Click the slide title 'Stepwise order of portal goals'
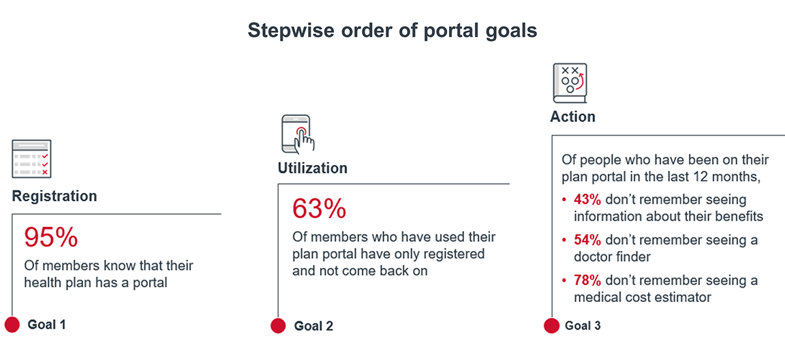[392, 31]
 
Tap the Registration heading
[55, 196]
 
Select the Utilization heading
[312, 168]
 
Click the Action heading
[572, 117]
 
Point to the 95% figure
[50, 237]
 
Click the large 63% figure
[319, 209]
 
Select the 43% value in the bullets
[587, 200]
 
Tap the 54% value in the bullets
[587, 240]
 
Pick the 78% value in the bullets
[587, 280]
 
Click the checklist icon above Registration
[31, 159]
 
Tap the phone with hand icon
[298, 134]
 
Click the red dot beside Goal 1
[12, 325]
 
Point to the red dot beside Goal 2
[278, 326]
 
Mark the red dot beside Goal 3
[551, 326]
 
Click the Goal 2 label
[313, 326]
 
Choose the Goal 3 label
[583, 326]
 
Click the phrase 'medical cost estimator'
[642, 297]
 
